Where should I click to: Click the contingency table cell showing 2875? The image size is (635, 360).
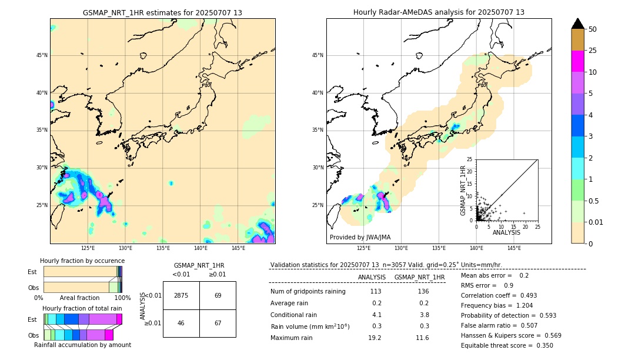[181, 295]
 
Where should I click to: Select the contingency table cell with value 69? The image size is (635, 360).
[218, 295]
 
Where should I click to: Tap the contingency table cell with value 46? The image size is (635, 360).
[181, 323]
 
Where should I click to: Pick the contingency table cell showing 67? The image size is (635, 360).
[218, 323]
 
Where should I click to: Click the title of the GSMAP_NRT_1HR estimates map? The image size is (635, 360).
[162, 12]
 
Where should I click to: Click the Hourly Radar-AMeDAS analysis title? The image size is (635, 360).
[439, 12]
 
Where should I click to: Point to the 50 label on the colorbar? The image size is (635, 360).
[593, 29]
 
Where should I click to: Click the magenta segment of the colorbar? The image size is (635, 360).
[578, 61]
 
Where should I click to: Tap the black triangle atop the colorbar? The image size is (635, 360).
[578, 24]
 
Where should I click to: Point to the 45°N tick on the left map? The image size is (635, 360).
[41, 55]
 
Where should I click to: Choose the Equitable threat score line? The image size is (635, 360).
[507, 345]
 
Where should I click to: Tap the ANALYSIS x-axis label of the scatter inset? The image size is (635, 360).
[506, 232]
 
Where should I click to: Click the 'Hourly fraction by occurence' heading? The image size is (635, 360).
[82, 261]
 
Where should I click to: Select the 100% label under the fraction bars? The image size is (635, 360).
[122, 298]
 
